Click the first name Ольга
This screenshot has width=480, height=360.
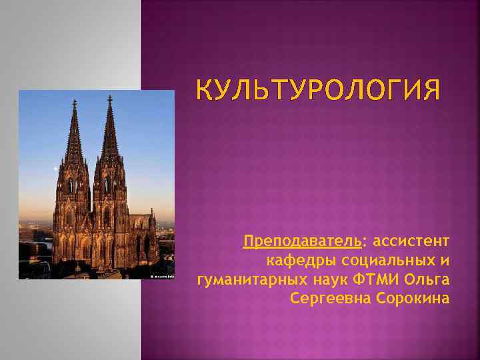coord(431,279)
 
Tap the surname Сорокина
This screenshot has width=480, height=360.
coord(414,297)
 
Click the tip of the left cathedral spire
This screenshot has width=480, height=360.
coord(75,101)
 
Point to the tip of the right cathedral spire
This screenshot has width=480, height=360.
coord(109,97)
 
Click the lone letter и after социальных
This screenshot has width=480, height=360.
coord(444,259)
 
